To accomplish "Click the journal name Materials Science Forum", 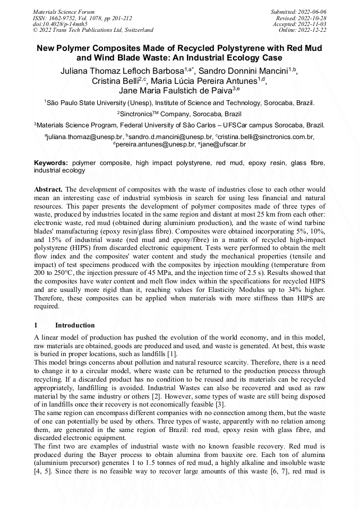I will [64, 11].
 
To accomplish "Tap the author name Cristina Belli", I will [115, 81].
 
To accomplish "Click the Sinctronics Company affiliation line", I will [179, 114].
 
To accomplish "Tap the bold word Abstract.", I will [48, 189].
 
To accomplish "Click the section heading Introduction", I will [75, 325].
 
